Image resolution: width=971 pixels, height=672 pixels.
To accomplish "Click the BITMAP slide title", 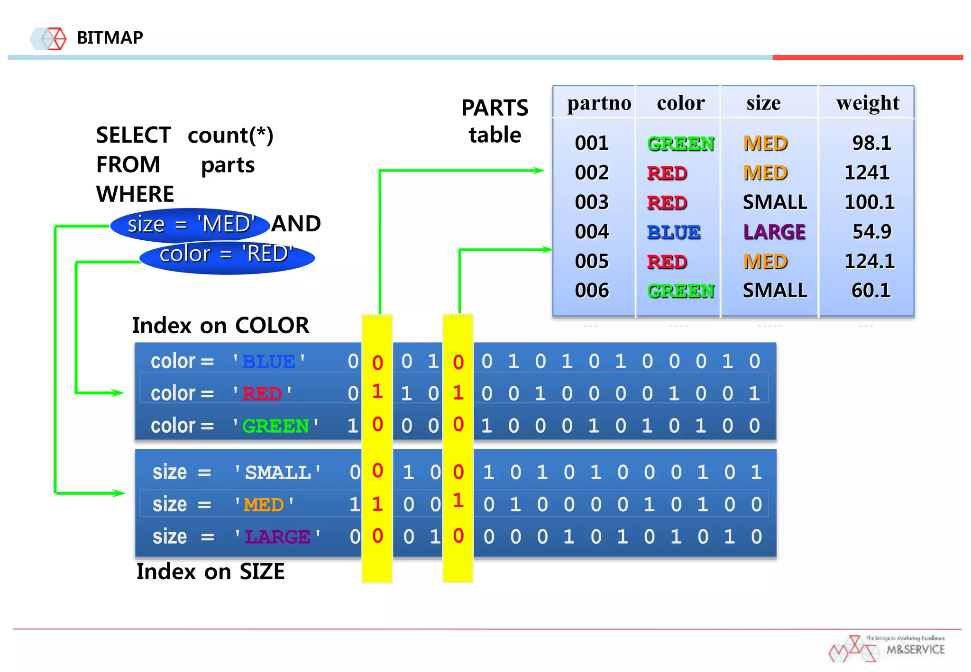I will [x=110, y=37].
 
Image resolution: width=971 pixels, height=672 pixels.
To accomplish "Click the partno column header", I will [x=599, y=103].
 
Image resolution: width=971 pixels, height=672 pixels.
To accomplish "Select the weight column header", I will [x=867, y=103].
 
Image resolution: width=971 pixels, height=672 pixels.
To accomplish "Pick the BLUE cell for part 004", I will [x=673, y=232].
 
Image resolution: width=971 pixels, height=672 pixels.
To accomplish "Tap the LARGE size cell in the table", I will [x=774, y=232].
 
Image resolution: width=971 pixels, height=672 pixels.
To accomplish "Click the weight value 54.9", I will [x=871, y=232].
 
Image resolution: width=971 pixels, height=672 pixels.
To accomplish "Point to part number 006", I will [x=591, y=291].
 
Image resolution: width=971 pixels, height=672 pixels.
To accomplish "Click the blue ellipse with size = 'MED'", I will [x=190, y=224].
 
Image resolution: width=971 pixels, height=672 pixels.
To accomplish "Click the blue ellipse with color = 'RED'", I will [x=227, y=256].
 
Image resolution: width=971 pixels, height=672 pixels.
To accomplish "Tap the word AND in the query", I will [x=296, y=224].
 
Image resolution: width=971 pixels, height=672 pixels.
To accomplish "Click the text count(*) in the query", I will [x=230, y=136].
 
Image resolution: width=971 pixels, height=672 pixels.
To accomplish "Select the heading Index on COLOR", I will [x=220, y=326].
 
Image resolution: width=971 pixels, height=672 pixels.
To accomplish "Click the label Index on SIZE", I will [x=211, y=572].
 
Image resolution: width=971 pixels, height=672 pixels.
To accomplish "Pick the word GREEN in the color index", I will [x=275, y=426].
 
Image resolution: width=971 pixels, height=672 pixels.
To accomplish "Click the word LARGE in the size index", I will [x=277, y=537].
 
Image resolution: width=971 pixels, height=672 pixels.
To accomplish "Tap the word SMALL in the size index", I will [x=278, y=472].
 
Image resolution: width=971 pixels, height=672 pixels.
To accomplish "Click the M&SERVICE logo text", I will [x=915, y=650].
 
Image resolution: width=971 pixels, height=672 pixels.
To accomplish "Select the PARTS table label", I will [x=495, y=121].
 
